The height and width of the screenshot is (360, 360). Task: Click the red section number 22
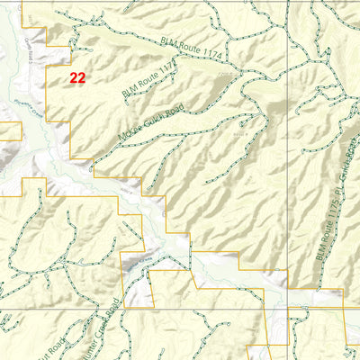(x=77, y=78)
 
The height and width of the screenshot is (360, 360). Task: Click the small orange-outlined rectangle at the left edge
(x=10, y=131)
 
